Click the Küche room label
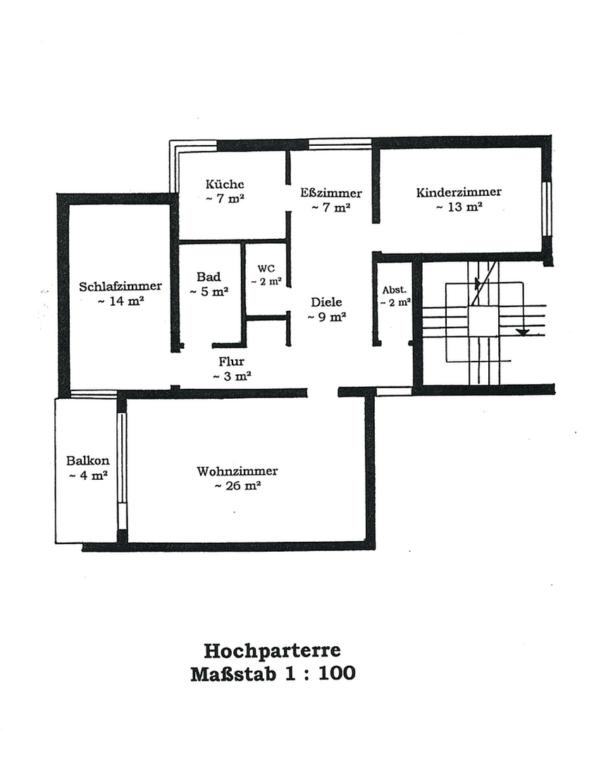click(225, 185)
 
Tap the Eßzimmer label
click(330, 193)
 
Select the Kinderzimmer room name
click(459, 192)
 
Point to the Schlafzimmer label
click(120, 287)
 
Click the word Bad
click(209, 277)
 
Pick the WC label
click(266, 268)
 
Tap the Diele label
click(327, 302)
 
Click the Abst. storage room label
click(395, 290)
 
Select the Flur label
click(231, 361)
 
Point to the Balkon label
click(87, 461)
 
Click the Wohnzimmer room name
click(237, 471)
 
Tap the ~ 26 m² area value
click(237, 485)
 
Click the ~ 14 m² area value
click(120, 301)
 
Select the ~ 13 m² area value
click(459, 206)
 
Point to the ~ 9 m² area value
click(327, 317)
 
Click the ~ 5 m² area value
click(209, 291)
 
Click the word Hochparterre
click(272, 649)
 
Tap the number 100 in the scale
click(337, 673)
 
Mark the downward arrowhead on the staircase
click(522, 331)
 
